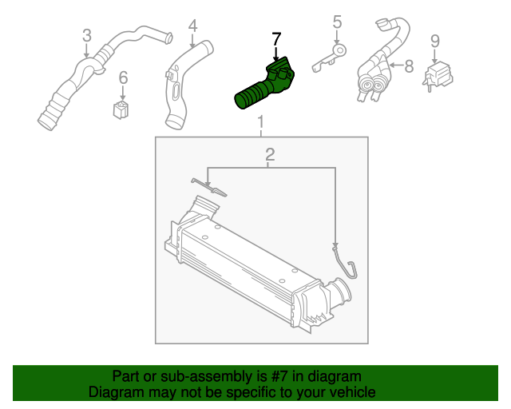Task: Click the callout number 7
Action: pos(276,38)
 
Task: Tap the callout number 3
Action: pos(87,36)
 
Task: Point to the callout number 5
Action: pos(337,22)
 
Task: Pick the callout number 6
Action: pos(123,77)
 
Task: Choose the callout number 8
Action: pos(409,67)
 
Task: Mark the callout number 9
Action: pos(434,40)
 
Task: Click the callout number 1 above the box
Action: pos(260,122)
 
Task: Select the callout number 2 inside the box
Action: pos(270,154)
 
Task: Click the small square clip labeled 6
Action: pos(121,108)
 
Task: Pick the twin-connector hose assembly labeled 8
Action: pos(379,68)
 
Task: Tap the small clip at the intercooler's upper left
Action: pos(210,189)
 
